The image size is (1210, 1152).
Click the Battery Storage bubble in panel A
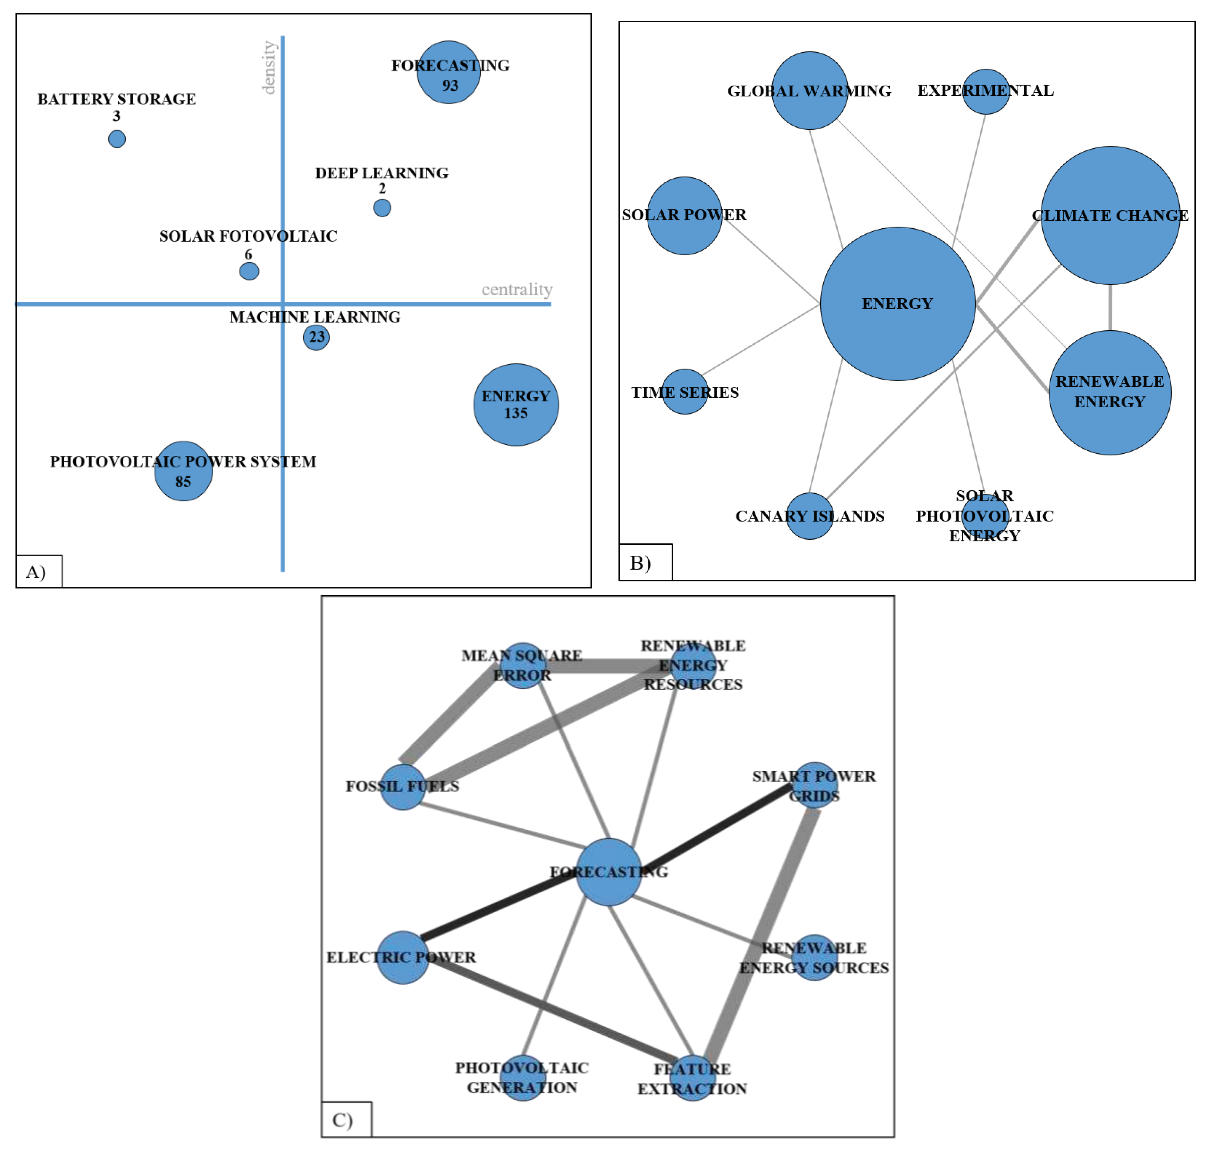point(117,139)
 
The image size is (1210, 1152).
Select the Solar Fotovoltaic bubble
point(249,271)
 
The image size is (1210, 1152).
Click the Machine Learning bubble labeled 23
point(316,337)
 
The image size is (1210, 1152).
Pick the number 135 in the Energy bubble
point(515,413)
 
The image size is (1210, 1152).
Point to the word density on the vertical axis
point(269,68)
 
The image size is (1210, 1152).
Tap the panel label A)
point(36,572)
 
